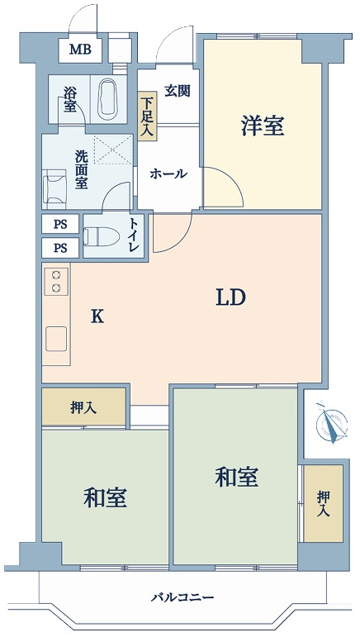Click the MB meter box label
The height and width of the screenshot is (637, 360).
click(x=80, y=50)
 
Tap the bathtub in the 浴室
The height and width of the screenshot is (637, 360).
click(x=109, y=98)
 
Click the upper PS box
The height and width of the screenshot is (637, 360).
click(x=60, y=224)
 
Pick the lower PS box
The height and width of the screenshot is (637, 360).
click(x=60, y=247)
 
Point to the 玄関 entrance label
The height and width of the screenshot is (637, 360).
click(x=178, y=91)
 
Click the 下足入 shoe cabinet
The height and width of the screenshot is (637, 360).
click(x=146, y=116)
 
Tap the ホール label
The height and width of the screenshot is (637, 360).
click(x=168, y=174)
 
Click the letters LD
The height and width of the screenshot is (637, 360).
click(x=230, y=298)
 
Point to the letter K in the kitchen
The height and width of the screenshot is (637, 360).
click(x=97, y=316)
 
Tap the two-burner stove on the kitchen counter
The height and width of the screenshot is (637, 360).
click(x=56, y=282)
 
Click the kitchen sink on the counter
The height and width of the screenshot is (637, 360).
click(x=56, y=339)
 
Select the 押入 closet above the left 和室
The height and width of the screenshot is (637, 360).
click(x=83, y=407)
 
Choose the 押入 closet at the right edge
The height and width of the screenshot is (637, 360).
click(x=324, y=503)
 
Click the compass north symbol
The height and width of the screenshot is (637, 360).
click(x=332, y=422)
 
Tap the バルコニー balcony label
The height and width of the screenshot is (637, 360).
click(x=182, y=597)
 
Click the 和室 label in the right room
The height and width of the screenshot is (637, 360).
click(x=236, y=477)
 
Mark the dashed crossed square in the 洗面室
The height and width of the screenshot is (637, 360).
click(x=113, y=150)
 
